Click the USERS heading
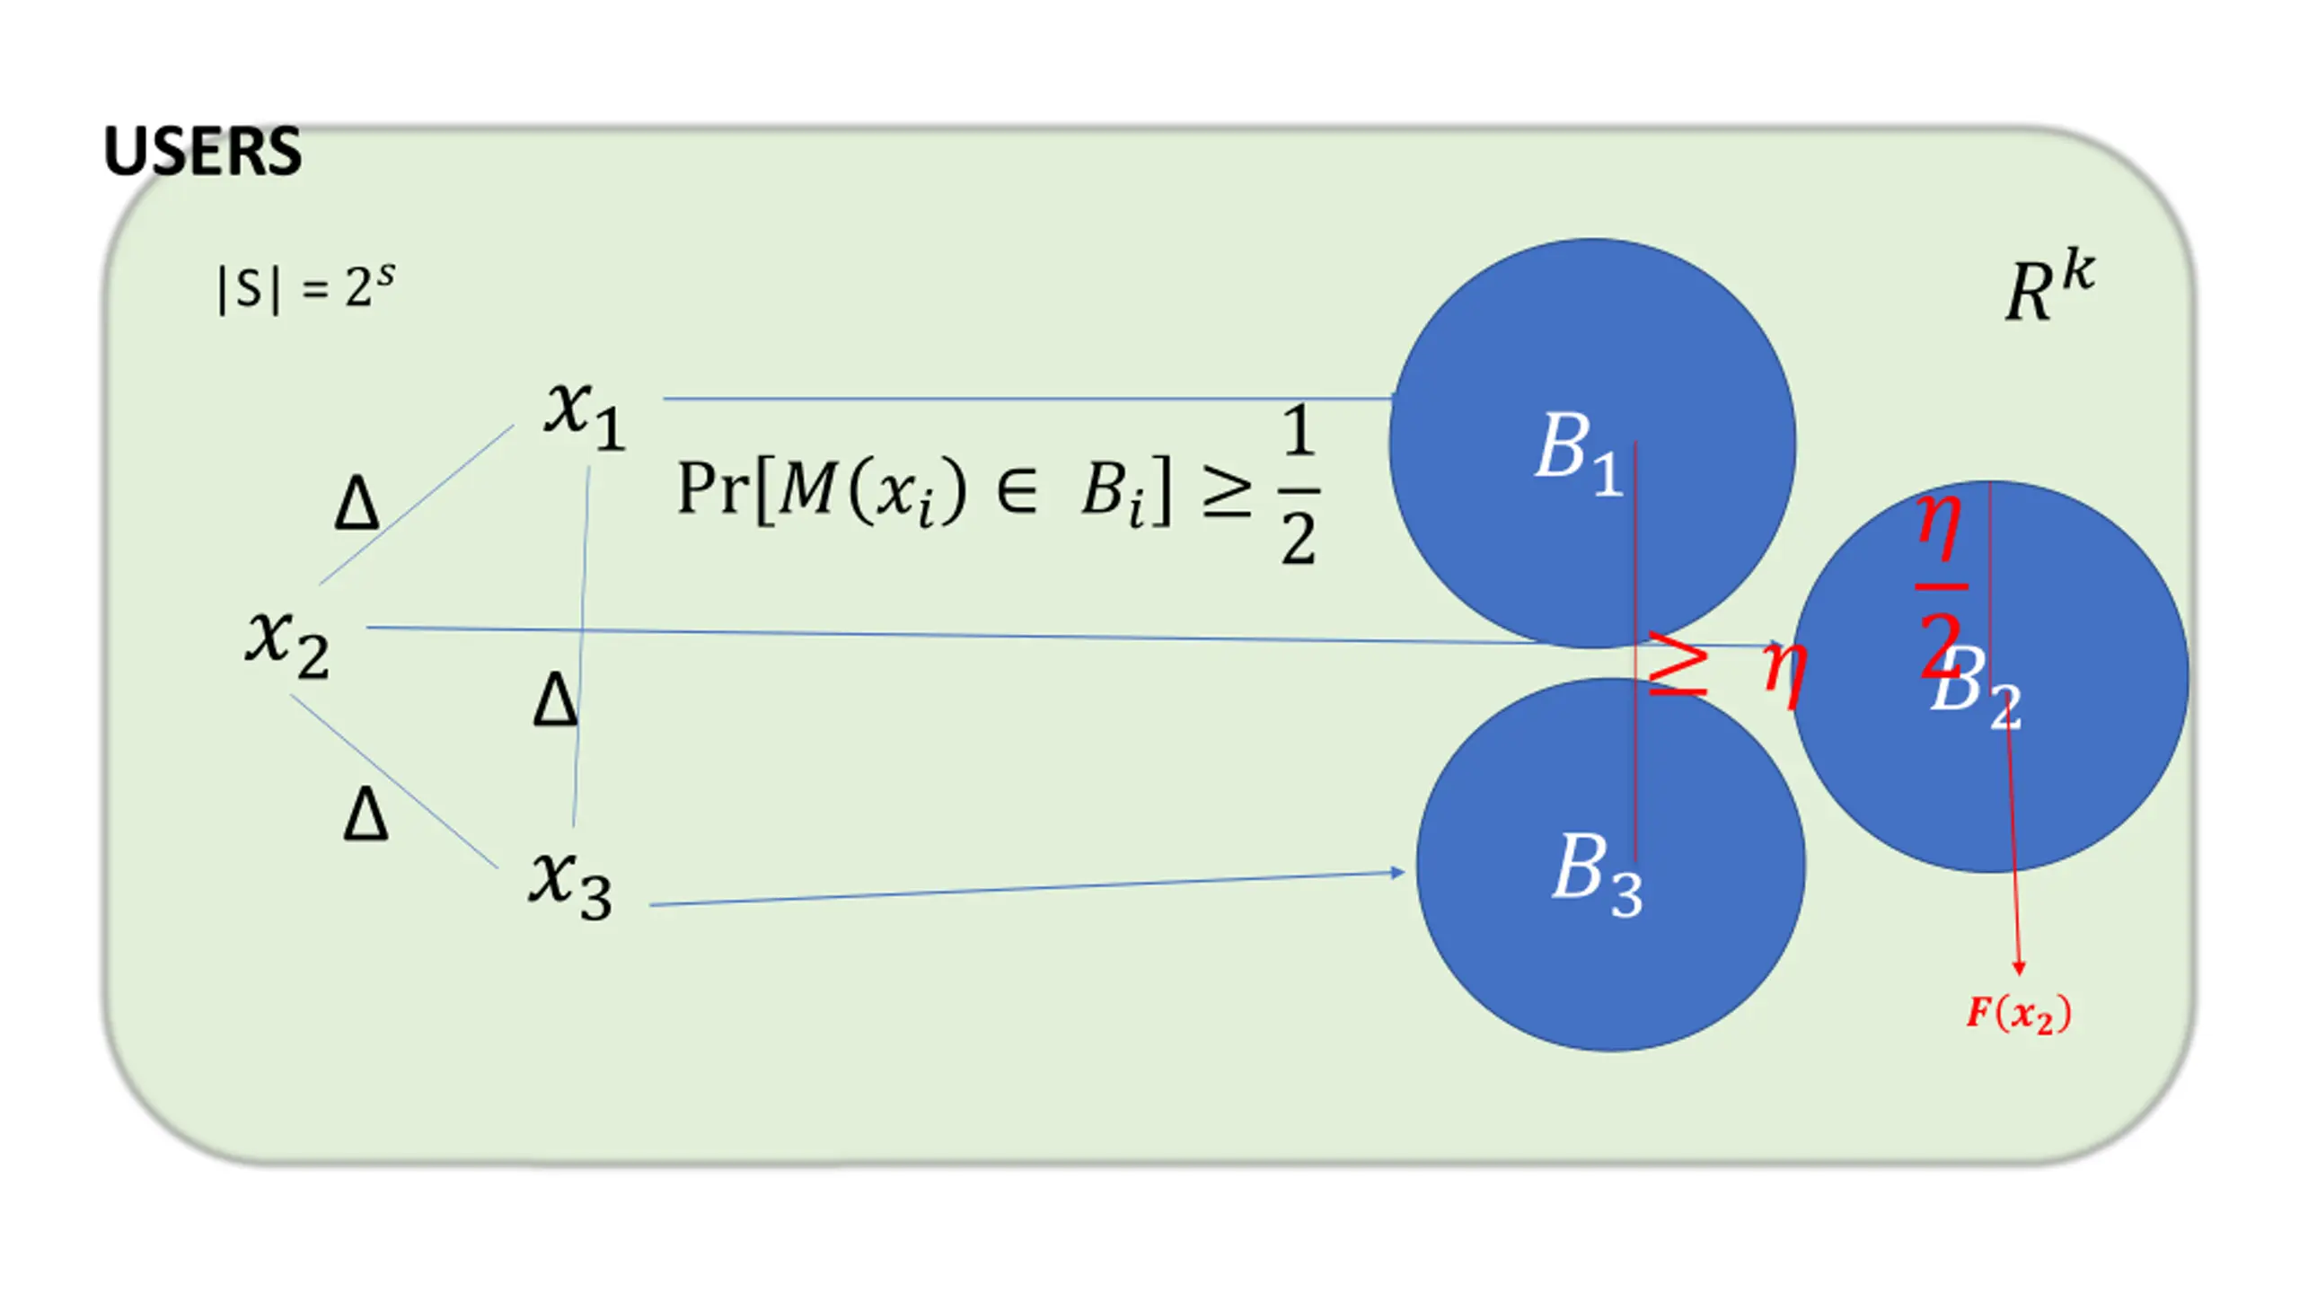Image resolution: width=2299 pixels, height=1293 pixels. (x=202, y=151)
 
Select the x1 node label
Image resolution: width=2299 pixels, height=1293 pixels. (x=585, y=414)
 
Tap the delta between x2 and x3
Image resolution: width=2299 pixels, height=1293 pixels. (x=366, y=814)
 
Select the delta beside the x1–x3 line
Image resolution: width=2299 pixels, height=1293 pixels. (x=555, y=699)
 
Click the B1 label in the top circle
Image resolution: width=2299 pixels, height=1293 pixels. (x=1578, y=452)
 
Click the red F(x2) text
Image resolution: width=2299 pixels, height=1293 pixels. (x=2019, y=1014)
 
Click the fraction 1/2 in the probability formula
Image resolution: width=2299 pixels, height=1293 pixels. (x=1299, y=486)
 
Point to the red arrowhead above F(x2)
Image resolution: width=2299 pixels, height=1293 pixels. (x=2019, y=967)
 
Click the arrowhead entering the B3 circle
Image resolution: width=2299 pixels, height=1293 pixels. (x=1397, y=872)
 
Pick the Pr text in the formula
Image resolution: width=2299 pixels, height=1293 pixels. (x=715, y=489)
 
